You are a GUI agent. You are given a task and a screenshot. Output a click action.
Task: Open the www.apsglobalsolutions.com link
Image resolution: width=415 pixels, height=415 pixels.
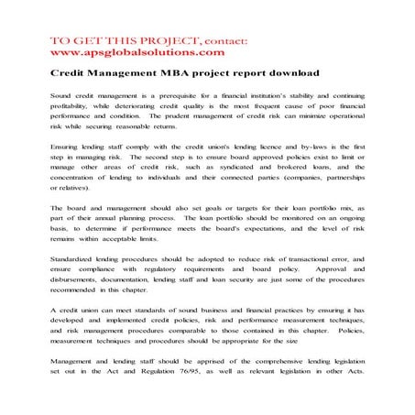126,52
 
